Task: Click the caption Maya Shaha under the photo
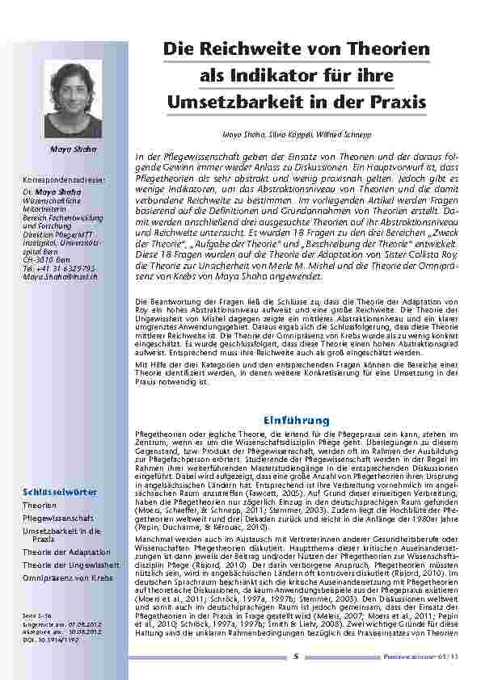pyautogui.click(x=74, y=149)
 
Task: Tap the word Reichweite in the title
pyautogui.click(x=266, y=48)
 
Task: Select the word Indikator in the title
pyautogui.click(x=294, y=75)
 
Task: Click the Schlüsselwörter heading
pyautogui.click(x=61, y=492)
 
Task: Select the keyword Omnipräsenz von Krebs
pyautogui.click(x=67, y=578)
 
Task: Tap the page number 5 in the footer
pyautogui.click(x=297, y=656)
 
